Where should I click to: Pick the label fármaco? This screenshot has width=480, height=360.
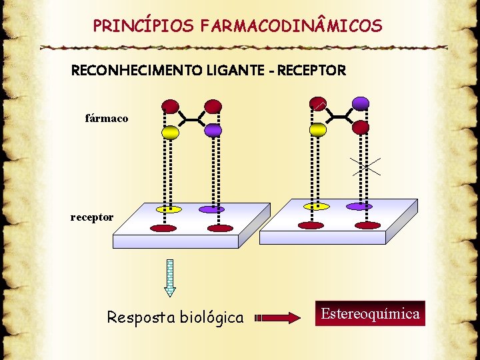[107, 118]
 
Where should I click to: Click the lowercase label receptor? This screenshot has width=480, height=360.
[92, 217]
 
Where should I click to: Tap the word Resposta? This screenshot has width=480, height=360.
[139, 317]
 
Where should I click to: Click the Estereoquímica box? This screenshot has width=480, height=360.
[370, 313]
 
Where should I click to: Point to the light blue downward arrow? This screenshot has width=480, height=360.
[170, 277]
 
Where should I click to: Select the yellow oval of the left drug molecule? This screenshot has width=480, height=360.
[170, 132]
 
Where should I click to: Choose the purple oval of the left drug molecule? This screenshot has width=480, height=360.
[213, 130]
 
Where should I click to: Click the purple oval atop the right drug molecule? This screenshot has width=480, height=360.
[361, 103]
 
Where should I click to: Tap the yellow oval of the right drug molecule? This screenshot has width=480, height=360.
[318, 129]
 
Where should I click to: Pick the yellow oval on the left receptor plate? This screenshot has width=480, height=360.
[169, 209]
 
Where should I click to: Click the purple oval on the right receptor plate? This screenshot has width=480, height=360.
[359, 207]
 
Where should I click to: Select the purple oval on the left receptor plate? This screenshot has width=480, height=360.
[212, 209]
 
